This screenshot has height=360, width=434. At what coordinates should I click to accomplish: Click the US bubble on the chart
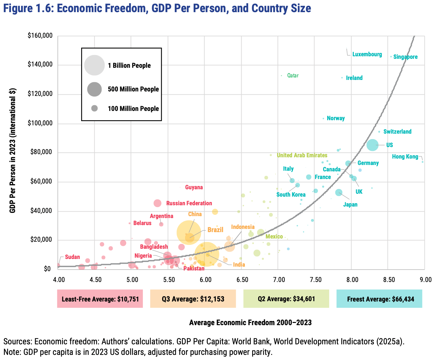tap(373, 145)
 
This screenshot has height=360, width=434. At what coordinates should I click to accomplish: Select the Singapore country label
tap(405, 57)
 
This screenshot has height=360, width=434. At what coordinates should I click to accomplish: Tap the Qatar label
tap(293, 75)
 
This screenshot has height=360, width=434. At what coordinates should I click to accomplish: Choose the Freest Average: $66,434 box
tap(379, 299)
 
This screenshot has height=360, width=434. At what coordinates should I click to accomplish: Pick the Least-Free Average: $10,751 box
tap(100, 299)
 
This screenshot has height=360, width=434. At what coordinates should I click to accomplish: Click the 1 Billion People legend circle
tap(94, 65)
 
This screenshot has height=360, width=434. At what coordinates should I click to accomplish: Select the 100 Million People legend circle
tap(94, 108)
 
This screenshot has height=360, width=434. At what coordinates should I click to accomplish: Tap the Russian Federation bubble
tap(158, 203)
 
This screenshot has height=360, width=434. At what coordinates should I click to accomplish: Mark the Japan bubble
tap(339, 192)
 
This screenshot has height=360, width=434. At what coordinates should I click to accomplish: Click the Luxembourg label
tap(367, 54)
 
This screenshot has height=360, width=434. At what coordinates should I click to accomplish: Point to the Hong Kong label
tap(405, 157)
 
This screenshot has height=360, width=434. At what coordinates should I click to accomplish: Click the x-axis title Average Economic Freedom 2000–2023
tap(250, 322)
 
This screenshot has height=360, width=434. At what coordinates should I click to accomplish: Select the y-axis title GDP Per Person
tap(12, 150)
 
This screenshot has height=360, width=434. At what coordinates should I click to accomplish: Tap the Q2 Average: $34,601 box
tap(286, 299)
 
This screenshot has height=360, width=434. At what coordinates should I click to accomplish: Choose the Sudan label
tap(72, 257)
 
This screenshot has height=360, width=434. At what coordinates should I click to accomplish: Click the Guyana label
tap(194, 187)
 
